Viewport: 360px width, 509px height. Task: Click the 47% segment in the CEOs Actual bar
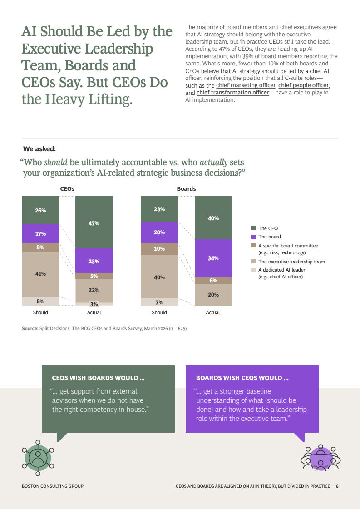(x=94, y=222)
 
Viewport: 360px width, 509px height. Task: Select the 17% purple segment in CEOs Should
(x=40, y=233)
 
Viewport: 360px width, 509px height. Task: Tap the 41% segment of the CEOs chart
(x=40, y=274)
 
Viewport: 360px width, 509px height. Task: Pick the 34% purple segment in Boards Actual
(x=213, y=258)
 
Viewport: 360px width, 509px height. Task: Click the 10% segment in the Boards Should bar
(x=159, y=249)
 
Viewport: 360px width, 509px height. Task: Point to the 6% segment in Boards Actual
(x=213, y=281)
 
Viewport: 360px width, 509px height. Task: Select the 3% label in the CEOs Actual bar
(x=94, y=304)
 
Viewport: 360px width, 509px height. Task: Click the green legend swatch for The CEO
(x=253, y=228)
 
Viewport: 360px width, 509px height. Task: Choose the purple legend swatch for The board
(x=253, y=237)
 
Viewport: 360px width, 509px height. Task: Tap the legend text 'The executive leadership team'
(x=291, y=262)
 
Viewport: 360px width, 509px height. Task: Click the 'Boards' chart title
(x=186, y=188)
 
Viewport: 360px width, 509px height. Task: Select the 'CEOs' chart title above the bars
(x=67, y=188)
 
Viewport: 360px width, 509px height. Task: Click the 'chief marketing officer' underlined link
(x=246, y=85)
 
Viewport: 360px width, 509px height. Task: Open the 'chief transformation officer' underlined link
(x=233, y=93)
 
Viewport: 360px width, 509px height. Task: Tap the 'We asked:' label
(x=39, y=149)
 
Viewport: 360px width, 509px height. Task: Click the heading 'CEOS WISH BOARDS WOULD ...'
(x=99, y=378)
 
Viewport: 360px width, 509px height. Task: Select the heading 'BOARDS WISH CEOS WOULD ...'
(x=242, y=378)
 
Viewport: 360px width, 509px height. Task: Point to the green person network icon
(x=38, y=458)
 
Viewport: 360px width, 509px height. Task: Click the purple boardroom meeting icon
(x=321, y=458)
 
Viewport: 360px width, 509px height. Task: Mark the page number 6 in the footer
(x=337, y=486)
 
